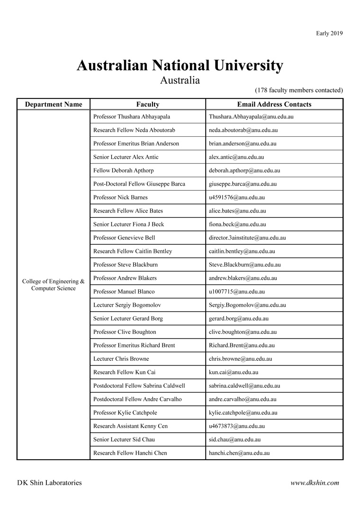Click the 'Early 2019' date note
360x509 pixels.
coord(329,33)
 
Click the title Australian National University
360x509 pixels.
coord(180,65)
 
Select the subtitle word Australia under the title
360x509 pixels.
coord(180,80)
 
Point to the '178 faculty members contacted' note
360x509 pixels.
coord(299,90)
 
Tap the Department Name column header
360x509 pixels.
coord(54,104)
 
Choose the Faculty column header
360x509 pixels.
coord(148,104)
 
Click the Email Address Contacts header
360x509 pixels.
coord(274,104)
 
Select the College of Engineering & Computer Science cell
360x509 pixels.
coord(54,285)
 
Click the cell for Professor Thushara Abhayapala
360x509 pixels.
coord(132,116)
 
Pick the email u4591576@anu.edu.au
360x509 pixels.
coord(237,197)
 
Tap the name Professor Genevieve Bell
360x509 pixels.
coord(124,238)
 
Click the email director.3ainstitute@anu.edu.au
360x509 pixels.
coord(247,238)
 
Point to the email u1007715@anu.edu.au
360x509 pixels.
coord(237,292)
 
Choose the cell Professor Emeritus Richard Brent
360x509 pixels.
coord(134,345)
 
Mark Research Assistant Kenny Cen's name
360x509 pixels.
coord(130,426)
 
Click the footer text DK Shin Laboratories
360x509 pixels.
coord(49,483)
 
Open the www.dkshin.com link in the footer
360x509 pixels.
coord(315,483)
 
